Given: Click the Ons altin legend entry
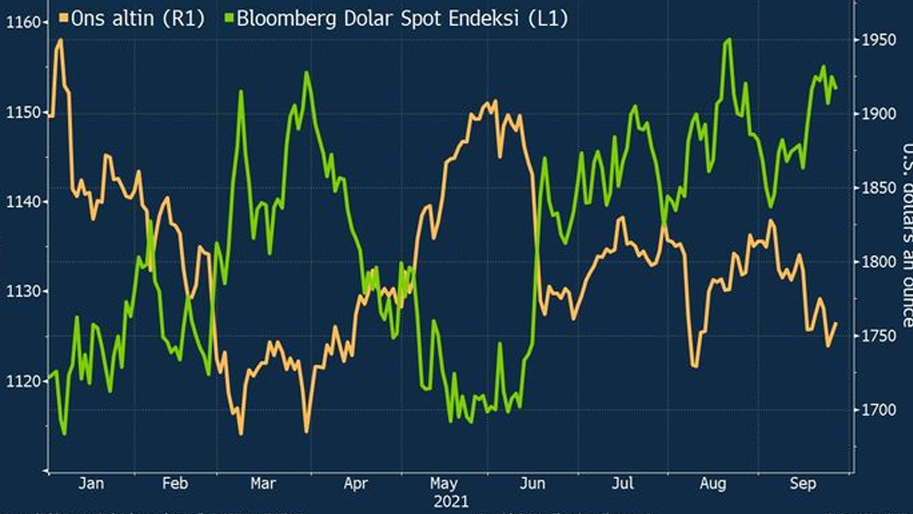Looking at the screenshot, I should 137,19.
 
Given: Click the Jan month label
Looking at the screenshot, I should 91,483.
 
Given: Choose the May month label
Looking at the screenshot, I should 444,483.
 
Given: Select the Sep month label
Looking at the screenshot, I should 798,483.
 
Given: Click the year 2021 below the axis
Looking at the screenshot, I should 451,501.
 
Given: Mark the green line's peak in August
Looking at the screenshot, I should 728,39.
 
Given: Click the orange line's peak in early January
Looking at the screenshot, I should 59,40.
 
